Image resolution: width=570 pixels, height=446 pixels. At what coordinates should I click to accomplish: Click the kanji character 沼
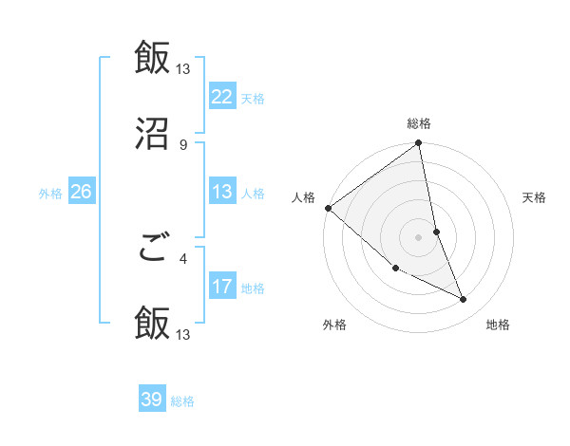(x=152, y=135)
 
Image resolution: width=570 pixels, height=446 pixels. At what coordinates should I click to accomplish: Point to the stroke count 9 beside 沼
(x=182, y=144)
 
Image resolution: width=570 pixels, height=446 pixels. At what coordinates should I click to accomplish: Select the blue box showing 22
(x=222, y=96)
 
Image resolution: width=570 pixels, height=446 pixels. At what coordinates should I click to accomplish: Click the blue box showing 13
(x=222, y=192)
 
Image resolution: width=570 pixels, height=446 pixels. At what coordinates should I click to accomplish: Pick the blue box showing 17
(x=222, y=287)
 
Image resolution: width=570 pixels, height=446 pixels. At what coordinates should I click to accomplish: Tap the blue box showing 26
(x=82, y=192)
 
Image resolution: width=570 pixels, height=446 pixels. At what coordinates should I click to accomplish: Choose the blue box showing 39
(x=152, y=400)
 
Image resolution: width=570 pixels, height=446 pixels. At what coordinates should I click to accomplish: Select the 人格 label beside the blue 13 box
(x=253, y=194)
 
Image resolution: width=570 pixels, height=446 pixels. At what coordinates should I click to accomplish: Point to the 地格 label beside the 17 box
(x=253, y=288)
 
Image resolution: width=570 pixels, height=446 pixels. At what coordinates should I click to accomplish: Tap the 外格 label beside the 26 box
(x=50, y=194)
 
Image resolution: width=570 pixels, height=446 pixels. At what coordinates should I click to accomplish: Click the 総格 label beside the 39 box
(x=182, y=401)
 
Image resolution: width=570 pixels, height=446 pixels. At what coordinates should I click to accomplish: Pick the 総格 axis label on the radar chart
(x=419, y=123)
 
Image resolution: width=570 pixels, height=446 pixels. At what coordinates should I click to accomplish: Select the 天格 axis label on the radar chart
(x=534, y=197)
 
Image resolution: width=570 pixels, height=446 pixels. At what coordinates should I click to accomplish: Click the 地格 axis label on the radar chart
(x=498, y=325)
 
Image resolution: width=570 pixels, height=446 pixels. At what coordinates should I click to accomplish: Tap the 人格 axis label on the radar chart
(x=303, y=197)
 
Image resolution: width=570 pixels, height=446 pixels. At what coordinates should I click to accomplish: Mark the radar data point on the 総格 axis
(x=419, y=144)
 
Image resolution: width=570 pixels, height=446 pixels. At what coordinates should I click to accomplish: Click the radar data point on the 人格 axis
(x=328, y=208)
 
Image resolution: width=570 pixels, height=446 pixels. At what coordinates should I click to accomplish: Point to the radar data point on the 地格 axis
(x=464, y=300)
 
